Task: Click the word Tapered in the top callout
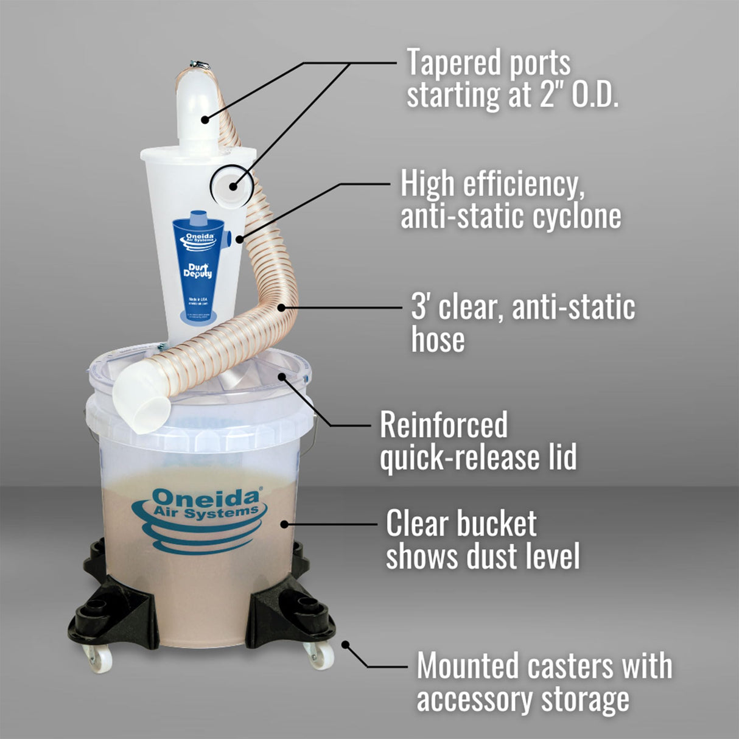pyautogui.click(x=449, y=63)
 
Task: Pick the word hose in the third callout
pyautogui.click(x=438, y=340)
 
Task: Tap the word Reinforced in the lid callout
pyautogui.click(x=444, y=425)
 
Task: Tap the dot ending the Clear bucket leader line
pyautogui.click(x=283, y=524)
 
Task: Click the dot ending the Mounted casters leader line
pyautogui.click(x=345, y=644)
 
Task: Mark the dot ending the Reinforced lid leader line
pyautogui.click(x=281, y=376)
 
